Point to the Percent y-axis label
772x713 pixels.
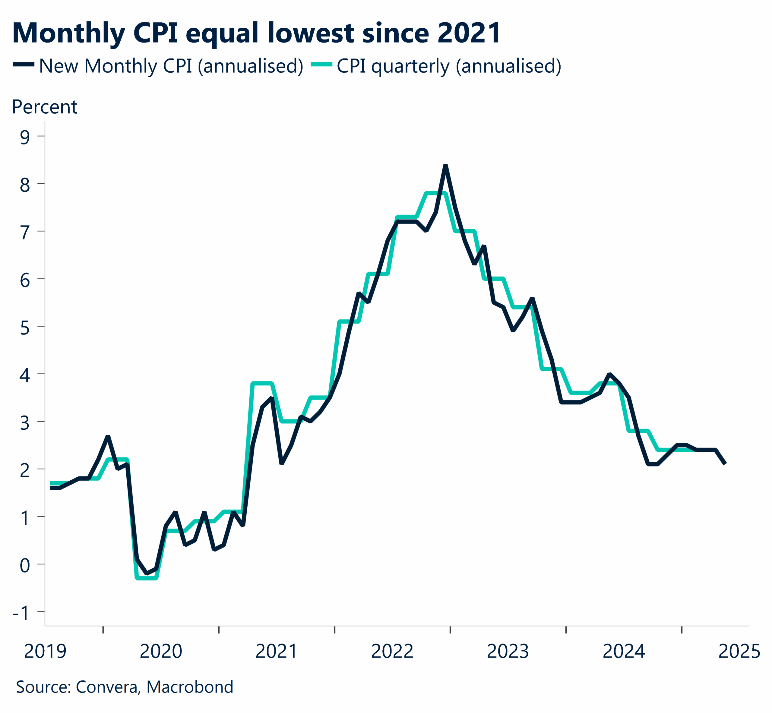pos(44,107)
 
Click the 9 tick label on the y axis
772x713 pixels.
pos(25,137)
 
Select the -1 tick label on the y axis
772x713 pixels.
pos(21,613)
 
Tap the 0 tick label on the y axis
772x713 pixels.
pos(25,565)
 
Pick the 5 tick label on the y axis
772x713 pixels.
pos(25,328)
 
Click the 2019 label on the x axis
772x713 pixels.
pos(45,651)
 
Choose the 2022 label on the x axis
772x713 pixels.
pos(392,651)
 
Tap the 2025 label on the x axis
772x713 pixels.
pos(739,651)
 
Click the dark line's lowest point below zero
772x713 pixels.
pos(147,573)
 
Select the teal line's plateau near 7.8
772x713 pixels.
pos(435,193)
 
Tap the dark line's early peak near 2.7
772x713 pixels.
pos(108,436)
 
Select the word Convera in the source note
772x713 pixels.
pos(106,687)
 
